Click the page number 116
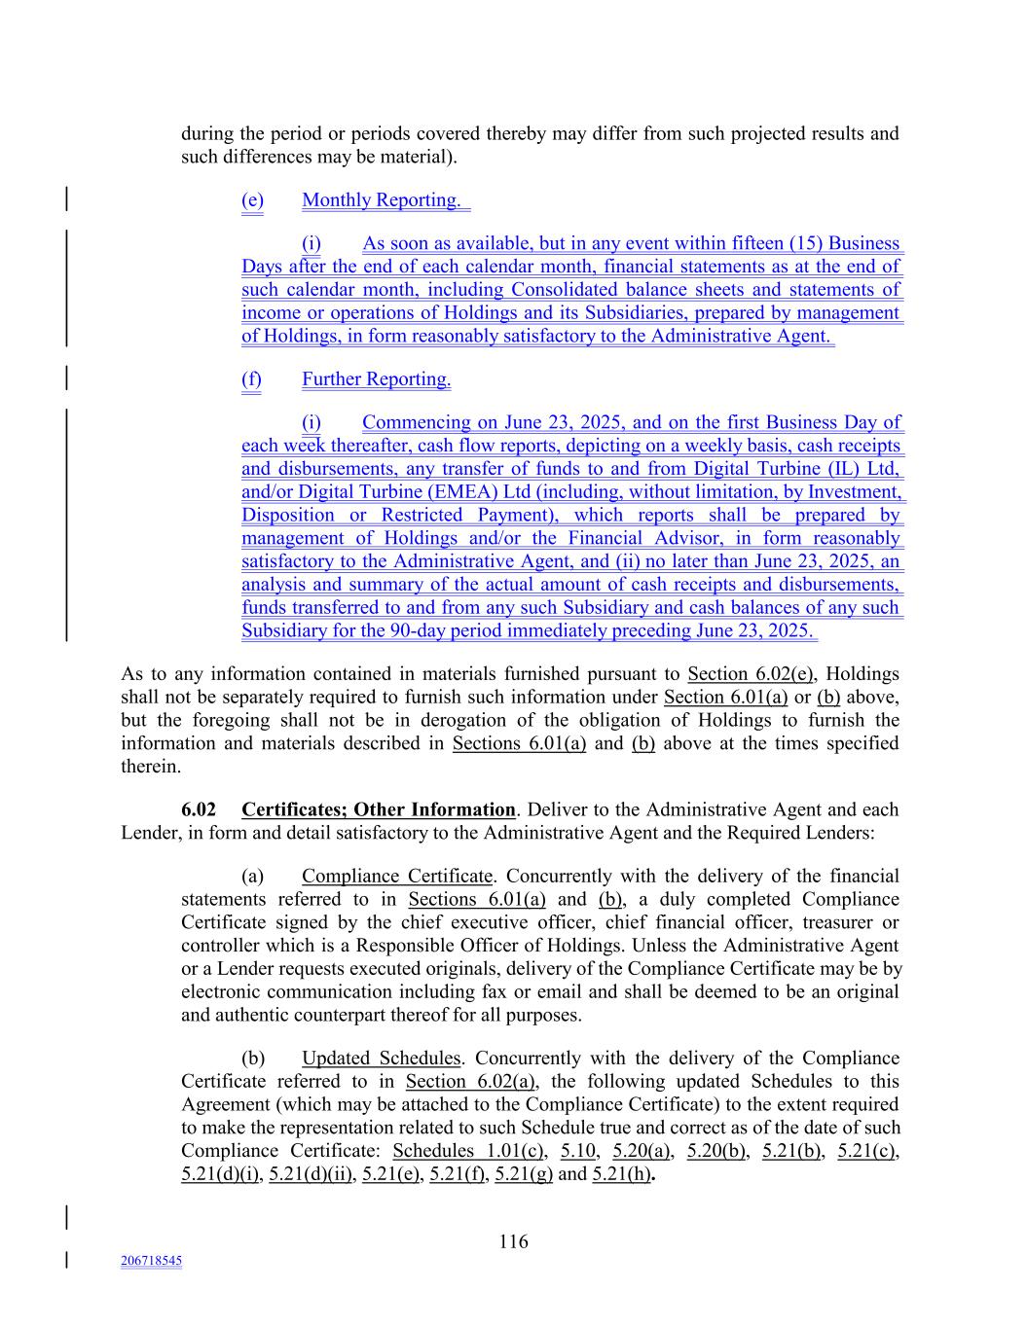coord(513,1241)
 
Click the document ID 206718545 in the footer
coord(151,1261)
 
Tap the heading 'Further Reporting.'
coord(376,379)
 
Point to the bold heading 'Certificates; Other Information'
coord(378,809)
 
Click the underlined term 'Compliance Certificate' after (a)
coord(396,876)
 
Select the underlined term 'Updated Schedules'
coord(381,1058)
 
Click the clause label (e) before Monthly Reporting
coord(252,200)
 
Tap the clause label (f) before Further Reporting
coord(251,379)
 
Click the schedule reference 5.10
coord(578,1151)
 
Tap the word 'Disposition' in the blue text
coord(287,515)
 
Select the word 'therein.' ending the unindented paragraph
coord(151,767)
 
